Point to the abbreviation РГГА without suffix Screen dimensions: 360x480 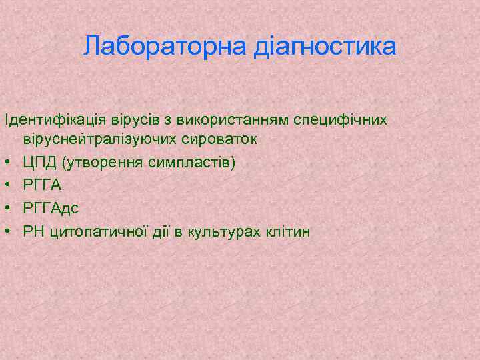tap(42, 185)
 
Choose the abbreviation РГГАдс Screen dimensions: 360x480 tap(51, 209)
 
